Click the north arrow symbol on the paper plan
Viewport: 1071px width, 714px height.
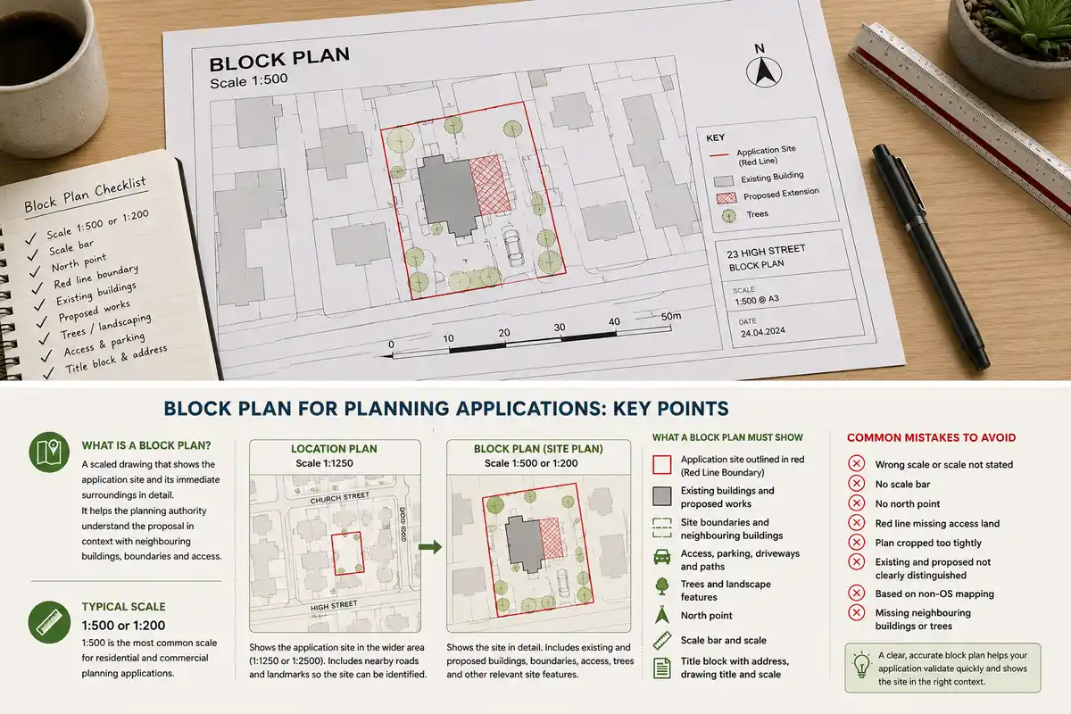764,71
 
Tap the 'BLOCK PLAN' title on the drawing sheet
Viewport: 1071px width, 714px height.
279,60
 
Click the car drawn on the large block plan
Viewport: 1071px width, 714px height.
512,246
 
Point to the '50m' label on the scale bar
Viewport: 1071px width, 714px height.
671,317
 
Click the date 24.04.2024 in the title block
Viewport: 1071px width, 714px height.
762,332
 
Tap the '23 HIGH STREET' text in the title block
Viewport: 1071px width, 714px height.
766,251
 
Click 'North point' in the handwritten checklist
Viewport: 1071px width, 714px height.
79,262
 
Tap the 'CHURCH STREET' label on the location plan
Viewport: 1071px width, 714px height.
339,498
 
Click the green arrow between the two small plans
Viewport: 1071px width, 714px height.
430,547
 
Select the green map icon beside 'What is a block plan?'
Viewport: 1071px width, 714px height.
49,452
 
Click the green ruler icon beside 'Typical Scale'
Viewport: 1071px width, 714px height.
49,622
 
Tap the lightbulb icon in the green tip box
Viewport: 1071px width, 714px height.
861,664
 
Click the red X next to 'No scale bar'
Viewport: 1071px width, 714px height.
856,484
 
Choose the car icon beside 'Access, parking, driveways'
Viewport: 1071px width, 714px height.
661,557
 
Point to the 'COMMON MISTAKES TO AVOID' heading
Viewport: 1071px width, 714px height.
931,437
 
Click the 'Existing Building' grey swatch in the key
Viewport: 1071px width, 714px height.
724,181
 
